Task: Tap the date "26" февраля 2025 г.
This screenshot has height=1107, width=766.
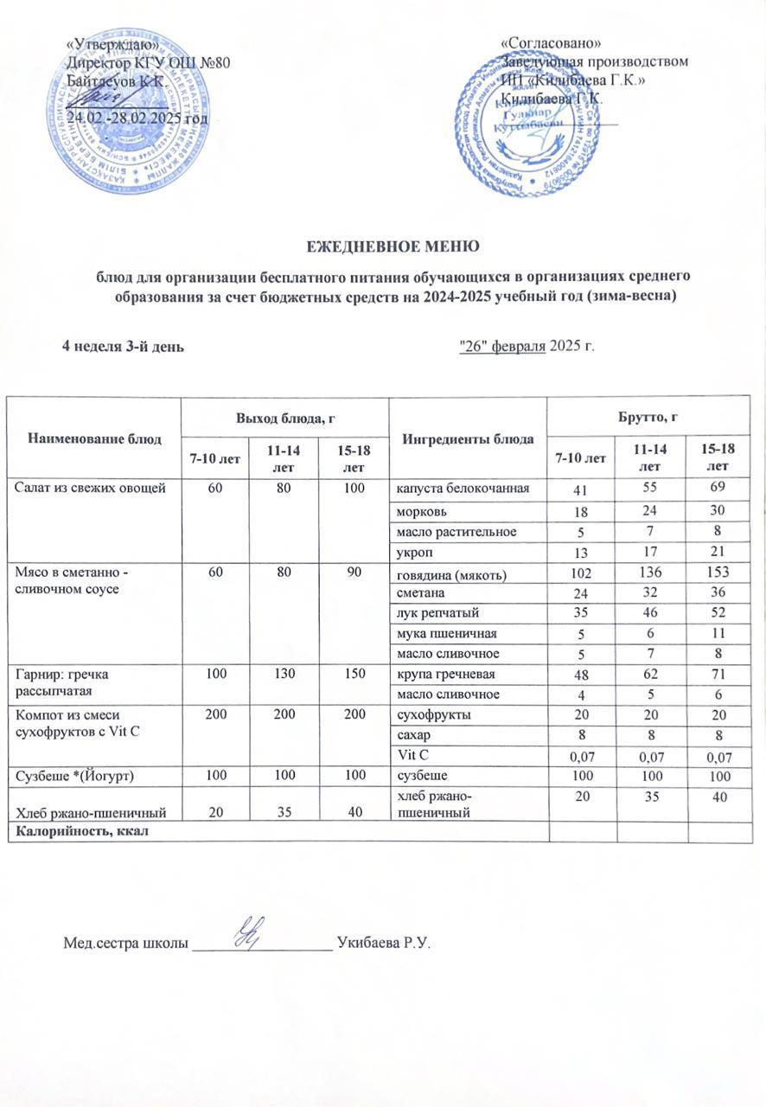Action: (527, 347)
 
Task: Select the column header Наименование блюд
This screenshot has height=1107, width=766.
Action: (94, 438)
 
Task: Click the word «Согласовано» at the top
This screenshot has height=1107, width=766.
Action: (551, 43)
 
